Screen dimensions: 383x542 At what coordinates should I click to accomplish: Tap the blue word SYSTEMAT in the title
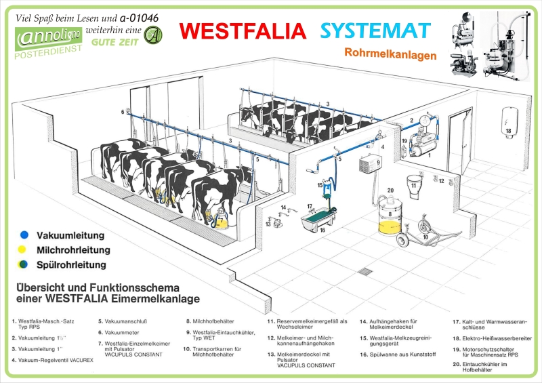(375, 31)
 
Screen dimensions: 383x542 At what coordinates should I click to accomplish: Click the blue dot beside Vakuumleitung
(24, 235)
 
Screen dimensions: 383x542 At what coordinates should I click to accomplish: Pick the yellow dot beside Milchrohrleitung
(24, 249)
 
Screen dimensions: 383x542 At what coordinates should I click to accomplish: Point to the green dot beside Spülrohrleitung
(24, 264)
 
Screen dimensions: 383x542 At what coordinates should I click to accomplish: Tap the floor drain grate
(364, 272)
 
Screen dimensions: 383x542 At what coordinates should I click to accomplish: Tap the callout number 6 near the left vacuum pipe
(123, 111)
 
